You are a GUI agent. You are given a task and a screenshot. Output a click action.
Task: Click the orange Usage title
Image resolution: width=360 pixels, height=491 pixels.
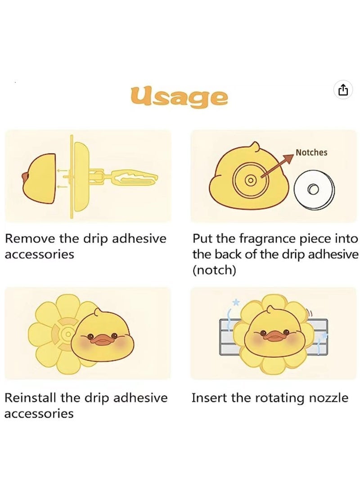(x=179, y=96)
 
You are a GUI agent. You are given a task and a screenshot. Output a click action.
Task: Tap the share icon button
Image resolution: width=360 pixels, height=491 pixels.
(x=343, y=90)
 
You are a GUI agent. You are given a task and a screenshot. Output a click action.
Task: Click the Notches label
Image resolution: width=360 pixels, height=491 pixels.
(x=311, y=153)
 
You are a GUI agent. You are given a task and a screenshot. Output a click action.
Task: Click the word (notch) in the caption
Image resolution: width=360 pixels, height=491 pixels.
(x=214, y=271)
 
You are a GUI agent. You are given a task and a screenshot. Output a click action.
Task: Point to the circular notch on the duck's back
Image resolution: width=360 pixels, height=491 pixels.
(x=250, y=180)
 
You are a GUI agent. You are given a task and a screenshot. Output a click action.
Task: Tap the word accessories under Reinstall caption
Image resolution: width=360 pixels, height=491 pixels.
(x=39, y=414)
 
